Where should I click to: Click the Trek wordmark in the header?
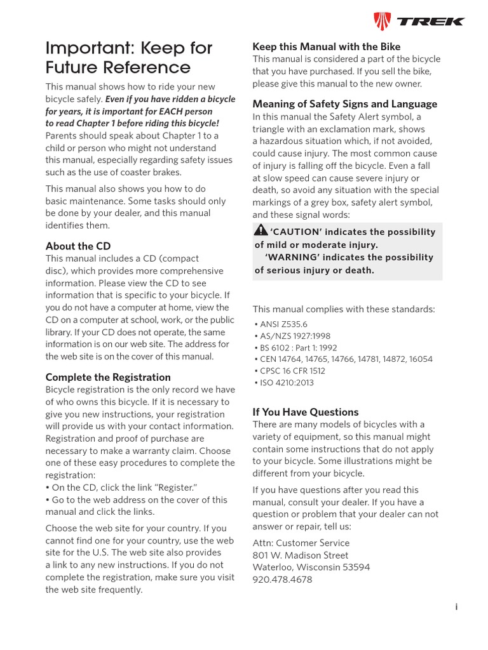tap(431, 22)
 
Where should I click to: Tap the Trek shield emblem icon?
tap(381, 22)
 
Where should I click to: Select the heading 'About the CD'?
tap(78, 246)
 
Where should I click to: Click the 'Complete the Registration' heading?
tap(108, 377)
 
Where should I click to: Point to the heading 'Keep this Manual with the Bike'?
tap(327, 46)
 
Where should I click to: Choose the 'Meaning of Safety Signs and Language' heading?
tap(345, 103)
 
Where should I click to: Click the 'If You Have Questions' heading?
tap(306, 411)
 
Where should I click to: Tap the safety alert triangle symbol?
tap(261, 231)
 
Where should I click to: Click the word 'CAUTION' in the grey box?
tap(294, 232)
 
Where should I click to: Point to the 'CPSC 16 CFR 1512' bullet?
tap(289, 371)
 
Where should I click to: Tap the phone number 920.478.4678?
tap(282, 580)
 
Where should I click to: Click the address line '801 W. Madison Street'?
tap(301, 555)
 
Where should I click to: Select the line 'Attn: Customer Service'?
tap(301, 543)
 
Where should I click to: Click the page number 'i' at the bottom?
tap(456, 607)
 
